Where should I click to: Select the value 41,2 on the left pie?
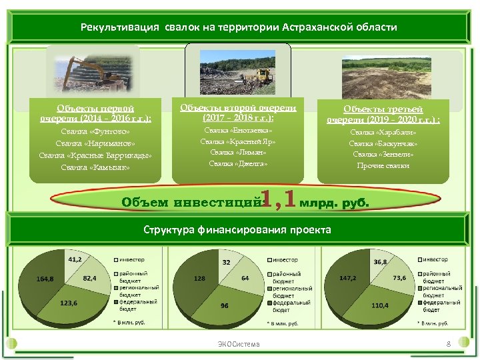click(75, 258)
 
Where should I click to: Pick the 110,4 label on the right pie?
click(380, 305)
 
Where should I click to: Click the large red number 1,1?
click(277, 198)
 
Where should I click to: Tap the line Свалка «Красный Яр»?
click(239, 141)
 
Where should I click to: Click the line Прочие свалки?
click(383, 165)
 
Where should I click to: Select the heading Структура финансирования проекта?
click(237, 229)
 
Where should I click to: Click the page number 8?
click(449, 344)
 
